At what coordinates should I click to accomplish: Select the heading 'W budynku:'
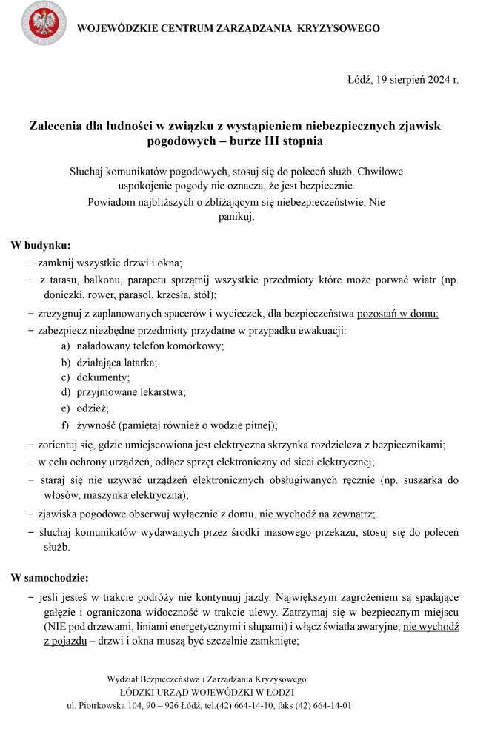(x=41, y=245)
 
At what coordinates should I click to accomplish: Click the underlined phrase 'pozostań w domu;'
(x=398, y=313)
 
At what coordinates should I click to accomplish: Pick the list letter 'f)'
(x=65, y=425)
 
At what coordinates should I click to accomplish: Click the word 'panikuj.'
(x=237, y=216)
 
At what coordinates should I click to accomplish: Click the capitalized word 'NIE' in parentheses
(x=53, y=626)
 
